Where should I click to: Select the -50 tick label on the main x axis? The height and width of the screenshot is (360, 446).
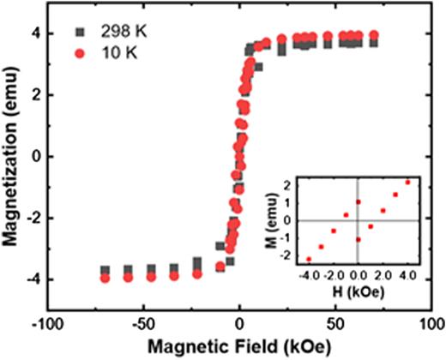[145, 325]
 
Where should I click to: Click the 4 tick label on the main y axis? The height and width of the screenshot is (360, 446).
[34, 34]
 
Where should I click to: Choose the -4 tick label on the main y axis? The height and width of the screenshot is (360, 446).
[32, 279]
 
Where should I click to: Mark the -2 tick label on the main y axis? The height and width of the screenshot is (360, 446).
[32, 219]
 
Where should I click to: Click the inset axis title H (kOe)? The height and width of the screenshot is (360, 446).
[358, 292]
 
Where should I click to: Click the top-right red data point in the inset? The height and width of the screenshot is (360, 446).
[407, 182]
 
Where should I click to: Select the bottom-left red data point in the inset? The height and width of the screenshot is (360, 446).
[309, 258]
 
